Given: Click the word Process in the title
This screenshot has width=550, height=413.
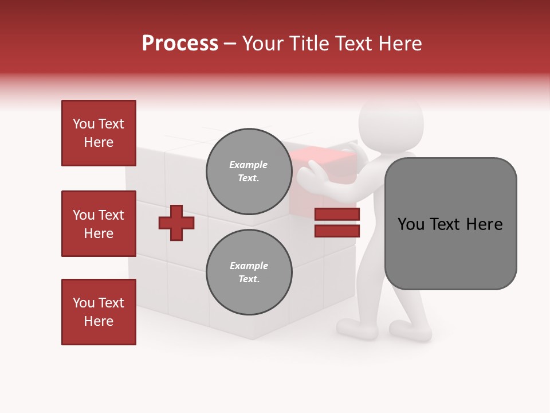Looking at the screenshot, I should coord(180,44).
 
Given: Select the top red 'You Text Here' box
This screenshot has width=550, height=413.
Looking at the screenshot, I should coord(99,133).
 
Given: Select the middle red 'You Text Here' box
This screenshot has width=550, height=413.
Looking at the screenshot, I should coord(99,224).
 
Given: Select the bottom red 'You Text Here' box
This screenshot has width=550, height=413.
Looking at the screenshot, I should coord(99,312).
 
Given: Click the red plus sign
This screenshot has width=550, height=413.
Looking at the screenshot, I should coord(176,223).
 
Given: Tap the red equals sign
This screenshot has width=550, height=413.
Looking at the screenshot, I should coord(337,223).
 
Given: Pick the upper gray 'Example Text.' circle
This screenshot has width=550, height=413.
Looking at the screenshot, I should coord(249,171).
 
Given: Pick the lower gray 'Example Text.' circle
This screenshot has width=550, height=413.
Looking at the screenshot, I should coord(249,272).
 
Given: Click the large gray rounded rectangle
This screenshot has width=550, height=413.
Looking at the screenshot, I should coord(450,224).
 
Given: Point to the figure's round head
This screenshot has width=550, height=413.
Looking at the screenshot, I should coord(391,122).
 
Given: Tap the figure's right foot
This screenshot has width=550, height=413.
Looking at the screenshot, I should coord(410,331).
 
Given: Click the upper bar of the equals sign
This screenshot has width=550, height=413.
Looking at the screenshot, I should coord(337,215).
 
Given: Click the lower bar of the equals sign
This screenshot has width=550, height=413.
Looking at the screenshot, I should coord(337,231).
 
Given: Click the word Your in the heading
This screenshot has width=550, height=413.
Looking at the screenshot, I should coord(263,44).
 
